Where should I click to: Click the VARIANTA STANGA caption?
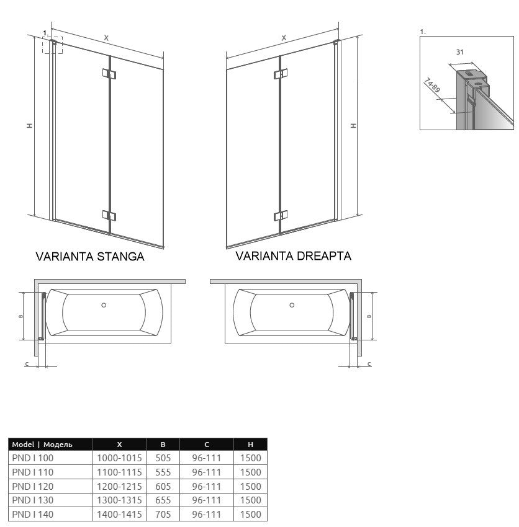click(90, 257)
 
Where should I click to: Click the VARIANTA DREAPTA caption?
click(293, 256)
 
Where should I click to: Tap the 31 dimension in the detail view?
click(460, 52)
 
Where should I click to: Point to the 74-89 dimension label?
click(432, 86)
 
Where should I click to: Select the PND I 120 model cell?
click(33, 486)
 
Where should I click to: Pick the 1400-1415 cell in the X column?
click(119, 514)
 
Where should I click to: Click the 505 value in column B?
click(163, 458)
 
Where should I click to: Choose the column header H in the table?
click(250, 445)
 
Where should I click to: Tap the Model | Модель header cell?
click(42, 445)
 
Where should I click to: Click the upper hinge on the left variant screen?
click(109, 74)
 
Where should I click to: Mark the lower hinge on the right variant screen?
click(281, 215)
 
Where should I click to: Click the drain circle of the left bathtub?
click(104, 305)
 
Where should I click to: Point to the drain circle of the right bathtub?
click(292, 305)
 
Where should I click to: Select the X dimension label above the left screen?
click(106, 38)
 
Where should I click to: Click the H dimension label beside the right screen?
click(353, 125)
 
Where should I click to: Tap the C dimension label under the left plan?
click(27, 364)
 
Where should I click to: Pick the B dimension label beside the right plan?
click(369, 316)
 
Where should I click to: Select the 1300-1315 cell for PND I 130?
click(119, 500)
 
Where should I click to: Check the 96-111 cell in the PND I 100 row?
click(206, 458)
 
